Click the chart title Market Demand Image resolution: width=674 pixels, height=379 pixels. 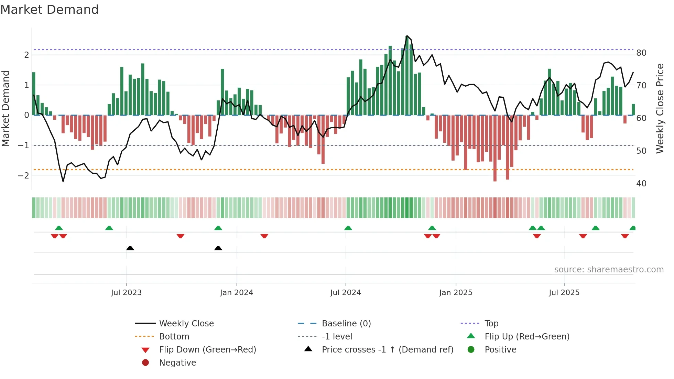click(x=50, y=10)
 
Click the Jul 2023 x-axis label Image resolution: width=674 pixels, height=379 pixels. click(x=126, y=293)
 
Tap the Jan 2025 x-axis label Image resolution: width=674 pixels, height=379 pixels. click(x=456, y=293)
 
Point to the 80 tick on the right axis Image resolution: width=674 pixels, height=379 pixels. click(x=641, y=53)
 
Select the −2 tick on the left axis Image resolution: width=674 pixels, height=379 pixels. click(x=24, y=176)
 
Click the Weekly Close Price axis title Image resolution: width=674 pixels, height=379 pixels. click(x=660, y=108)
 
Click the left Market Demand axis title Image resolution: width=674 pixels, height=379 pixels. click(x=6, y=108)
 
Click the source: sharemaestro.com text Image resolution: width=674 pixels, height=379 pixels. click(x=609, y=270)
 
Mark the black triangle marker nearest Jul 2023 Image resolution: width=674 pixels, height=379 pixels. click(x=130, y=248)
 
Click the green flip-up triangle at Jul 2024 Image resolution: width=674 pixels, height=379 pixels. click(x=348, y=228)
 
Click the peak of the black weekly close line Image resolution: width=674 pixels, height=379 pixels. click(x=407, y=36)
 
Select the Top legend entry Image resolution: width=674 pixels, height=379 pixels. click(x=491, y=324)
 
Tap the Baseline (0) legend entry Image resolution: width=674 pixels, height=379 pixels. click(x=346, y=324)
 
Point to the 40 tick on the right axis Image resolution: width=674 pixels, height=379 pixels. click(x=641, y=184)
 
